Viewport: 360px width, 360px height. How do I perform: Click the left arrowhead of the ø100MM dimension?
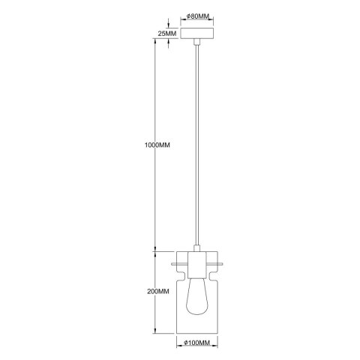click(178, 338)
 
